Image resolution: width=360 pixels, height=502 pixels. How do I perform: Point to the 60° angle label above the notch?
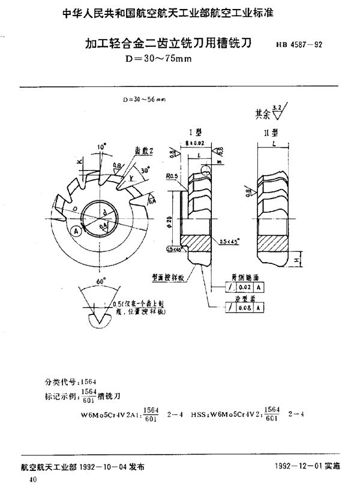click(100, 279)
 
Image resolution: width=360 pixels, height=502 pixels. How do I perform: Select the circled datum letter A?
click(76, 230)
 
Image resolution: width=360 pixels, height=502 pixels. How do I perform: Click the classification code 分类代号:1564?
click(67, 381)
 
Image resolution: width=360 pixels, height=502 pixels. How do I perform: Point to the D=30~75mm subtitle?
click(158, 58)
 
